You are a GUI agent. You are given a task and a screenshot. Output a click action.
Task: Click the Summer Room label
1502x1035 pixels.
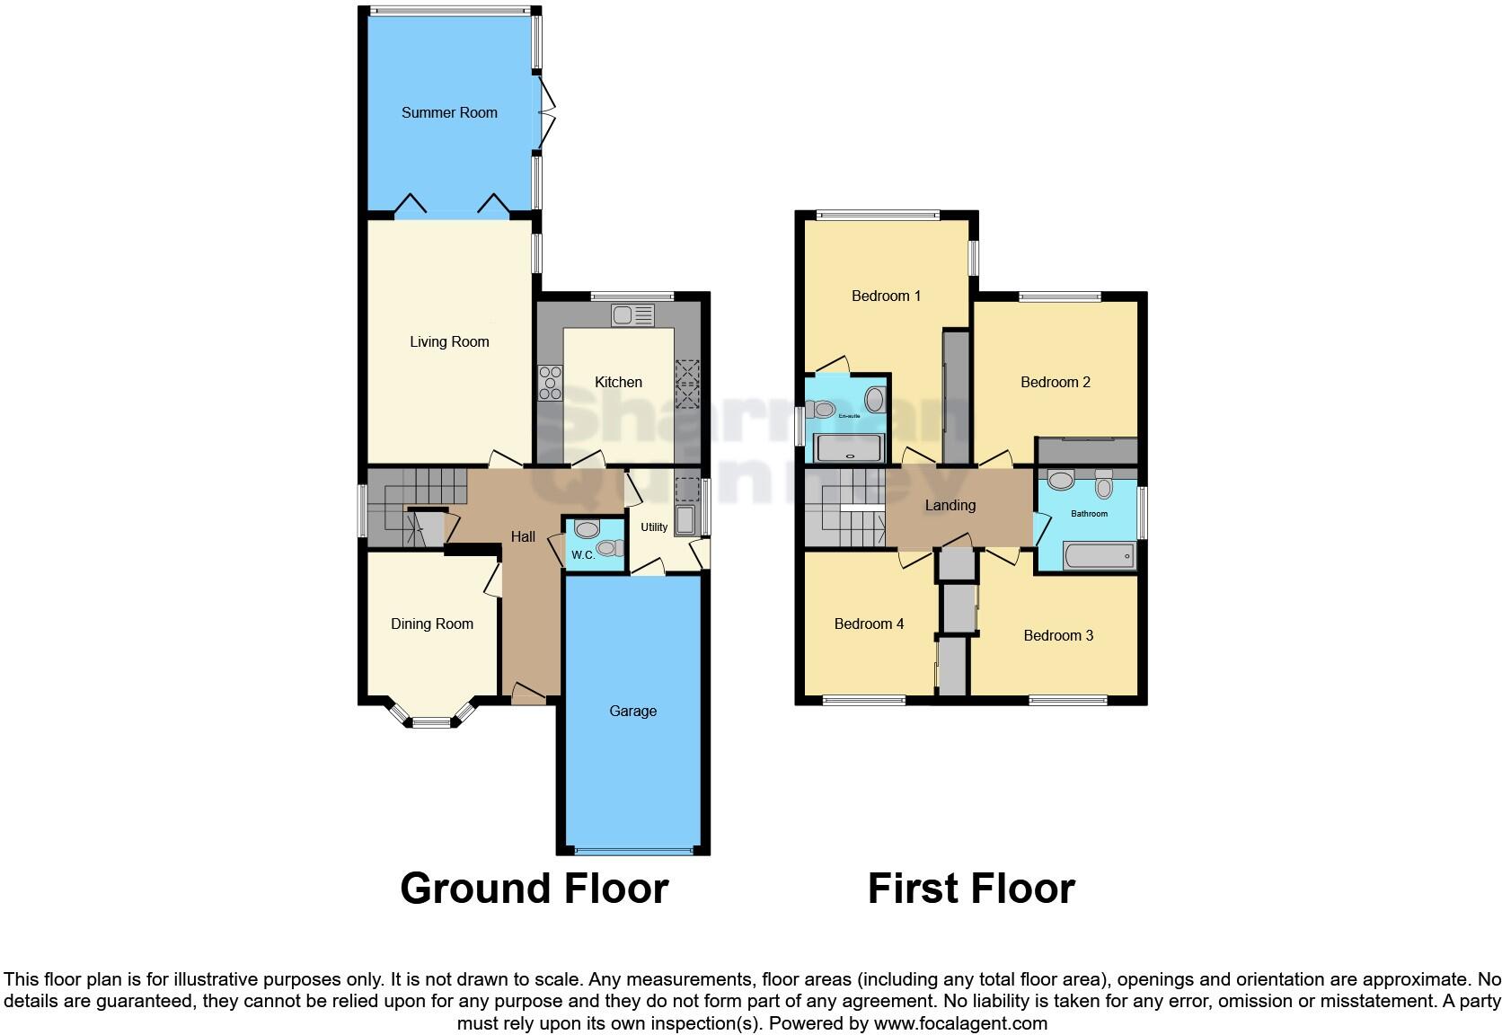click(x=449, y=113)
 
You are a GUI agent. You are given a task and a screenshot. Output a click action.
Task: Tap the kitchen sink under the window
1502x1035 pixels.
click(x=633, y=315)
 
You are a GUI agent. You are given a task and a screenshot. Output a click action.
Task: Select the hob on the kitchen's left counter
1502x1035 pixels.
click(x=550, y=384)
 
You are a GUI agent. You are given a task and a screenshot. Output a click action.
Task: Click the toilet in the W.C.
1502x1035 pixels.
click(x=609, y=548)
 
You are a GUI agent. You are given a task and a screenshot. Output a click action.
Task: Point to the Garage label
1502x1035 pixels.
click(x=632, y=712)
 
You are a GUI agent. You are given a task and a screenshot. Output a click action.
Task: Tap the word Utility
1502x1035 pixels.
click(x=654, y=527)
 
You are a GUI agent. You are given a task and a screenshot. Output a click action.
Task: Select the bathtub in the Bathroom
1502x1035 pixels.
click(x=1099, y=556)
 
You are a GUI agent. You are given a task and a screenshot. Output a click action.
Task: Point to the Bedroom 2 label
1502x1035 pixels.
click(x=1055, y=383)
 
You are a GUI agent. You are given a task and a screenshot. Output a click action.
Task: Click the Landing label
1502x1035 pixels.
click(x=950, y=506)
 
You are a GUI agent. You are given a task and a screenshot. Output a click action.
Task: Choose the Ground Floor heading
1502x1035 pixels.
click(x=534, y=889)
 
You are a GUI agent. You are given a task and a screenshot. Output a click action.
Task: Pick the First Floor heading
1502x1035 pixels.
click(x=971, y=889)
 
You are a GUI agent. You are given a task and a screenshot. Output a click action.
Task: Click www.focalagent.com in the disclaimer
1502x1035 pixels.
click(x=959, y=1023)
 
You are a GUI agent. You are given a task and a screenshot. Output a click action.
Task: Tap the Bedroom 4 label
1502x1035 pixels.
click(x=869, y=624)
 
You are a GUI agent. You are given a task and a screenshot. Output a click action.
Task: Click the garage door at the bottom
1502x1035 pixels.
click(x=633, y=850)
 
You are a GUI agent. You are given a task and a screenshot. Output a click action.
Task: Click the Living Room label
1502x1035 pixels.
click(x=449, y=342)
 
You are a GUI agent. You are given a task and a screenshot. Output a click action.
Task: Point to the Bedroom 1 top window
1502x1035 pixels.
click(x=879, y=215)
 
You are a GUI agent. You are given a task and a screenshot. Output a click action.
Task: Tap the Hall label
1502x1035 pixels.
click(x=523, y=537)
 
